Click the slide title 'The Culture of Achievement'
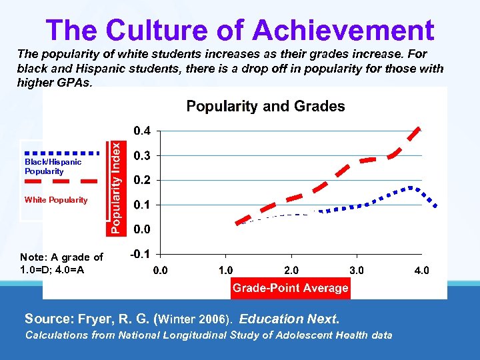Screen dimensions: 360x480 [240, 31]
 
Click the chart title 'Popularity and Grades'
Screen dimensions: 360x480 [265, 106]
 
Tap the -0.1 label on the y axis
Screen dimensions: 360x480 [139, 253]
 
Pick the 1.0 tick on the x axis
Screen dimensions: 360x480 [225, 271]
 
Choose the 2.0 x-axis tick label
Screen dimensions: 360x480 [291, 271]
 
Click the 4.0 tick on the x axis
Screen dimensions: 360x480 [421, 271]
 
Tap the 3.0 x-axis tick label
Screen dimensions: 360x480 [357, 271]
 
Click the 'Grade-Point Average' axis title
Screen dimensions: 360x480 [290, 288]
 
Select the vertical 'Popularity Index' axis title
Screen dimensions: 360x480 [116, 181]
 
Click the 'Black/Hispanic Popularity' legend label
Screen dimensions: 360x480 [53, 167]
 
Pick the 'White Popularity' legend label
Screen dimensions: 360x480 [56, 200]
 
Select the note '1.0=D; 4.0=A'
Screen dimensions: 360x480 [52, 269]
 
